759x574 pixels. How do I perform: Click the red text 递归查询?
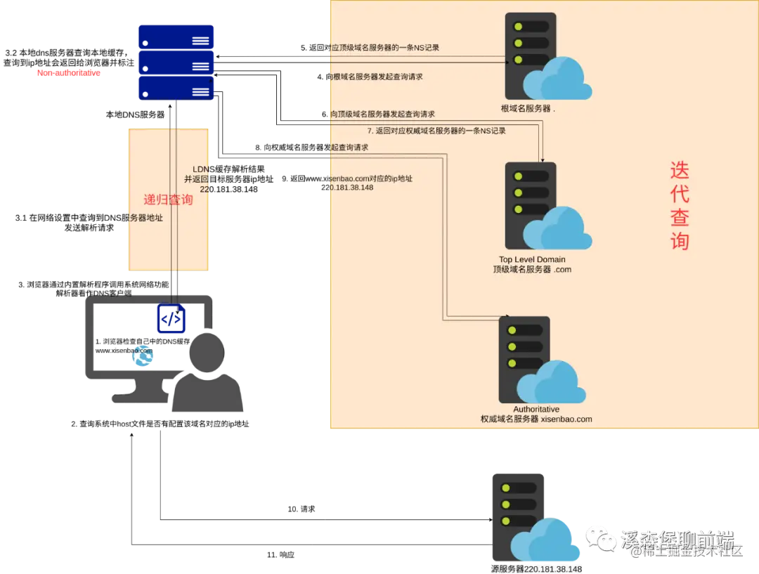tap(168, 200)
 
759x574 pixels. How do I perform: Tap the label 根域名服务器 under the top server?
tap(527, 110)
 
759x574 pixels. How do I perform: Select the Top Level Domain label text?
tap(532, 259)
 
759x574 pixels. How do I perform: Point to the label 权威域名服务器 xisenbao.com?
tap(531, 419)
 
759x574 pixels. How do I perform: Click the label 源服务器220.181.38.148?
tap(536, 569)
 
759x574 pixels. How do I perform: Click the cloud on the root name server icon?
tap(559, 79)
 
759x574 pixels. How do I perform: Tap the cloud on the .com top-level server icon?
tap(559, 230)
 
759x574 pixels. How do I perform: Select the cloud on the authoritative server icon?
tap(552, 383)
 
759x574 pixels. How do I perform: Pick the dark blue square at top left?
tap(176, 62)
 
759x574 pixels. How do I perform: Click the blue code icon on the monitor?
tap(171, 319)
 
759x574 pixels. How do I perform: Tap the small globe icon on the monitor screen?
tap(143, 356)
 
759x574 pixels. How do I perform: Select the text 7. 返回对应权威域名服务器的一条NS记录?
tap(436, 131)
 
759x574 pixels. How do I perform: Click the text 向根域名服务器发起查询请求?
tap(375, 77)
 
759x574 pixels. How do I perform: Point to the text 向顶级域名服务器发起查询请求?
tap(381, 114)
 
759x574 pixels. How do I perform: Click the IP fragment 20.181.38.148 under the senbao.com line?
tap(350, 188)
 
